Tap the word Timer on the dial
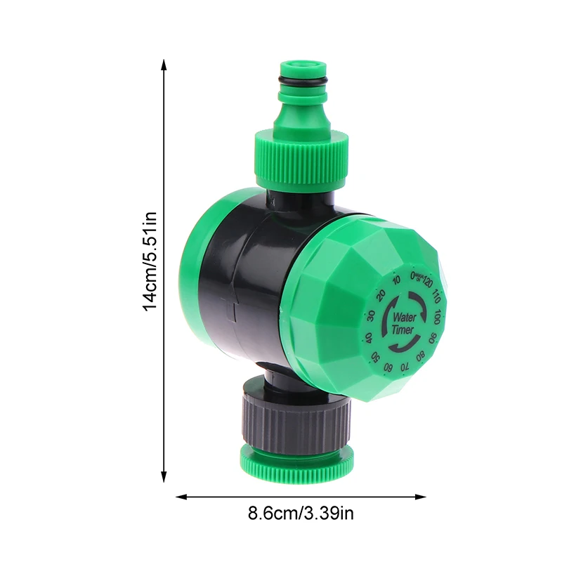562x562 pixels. tap(404, 330)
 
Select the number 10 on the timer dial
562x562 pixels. tap(397, 281)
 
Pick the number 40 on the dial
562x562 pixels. tap(369, 337)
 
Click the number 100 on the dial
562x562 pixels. tap(437, 316)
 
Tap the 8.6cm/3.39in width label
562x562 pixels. tap(301, 514)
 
